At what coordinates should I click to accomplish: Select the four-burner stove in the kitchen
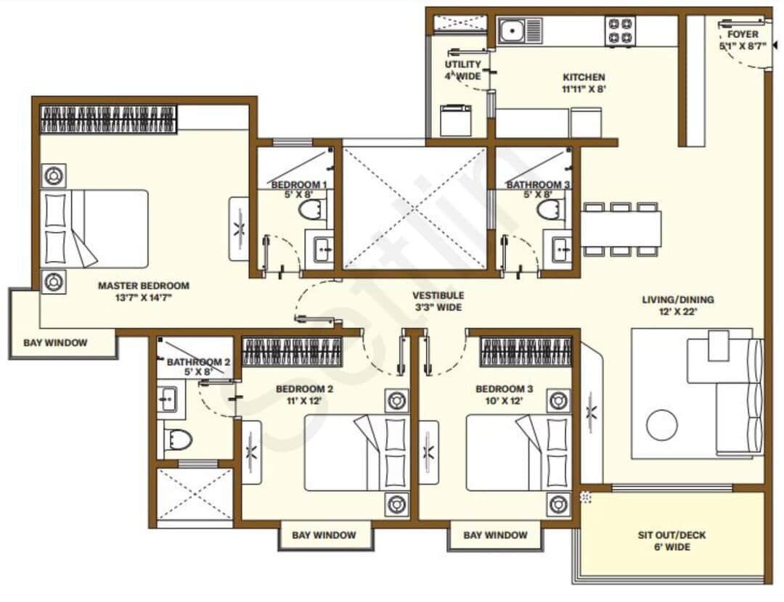pos(620,31)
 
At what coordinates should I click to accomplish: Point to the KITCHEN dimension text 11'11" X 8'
pos(584,89)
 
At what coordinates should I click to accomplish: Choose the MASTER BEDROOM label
pos(143,286)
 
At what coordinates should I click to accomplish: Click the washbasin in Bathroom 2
pos(168,398)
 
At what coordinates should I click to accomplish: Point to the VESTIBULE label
pos(438,296)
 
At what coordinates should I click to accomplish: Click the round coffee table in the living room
pos(662,425)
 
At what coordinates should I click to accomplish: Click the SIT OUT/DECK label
pos(671,535)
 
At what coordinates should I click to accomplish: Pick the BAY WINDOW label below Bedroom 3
pos(495,535)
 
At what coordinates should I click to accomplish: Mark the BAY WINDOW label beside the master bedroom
pos(55,343)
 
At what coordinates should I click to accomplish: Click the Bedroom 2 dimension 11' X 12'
pos(304,400)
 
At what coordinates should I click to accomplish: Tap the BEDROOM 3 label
pos(504,389)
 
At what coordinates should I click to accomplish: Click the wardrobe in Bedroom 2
pos(291,352)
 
